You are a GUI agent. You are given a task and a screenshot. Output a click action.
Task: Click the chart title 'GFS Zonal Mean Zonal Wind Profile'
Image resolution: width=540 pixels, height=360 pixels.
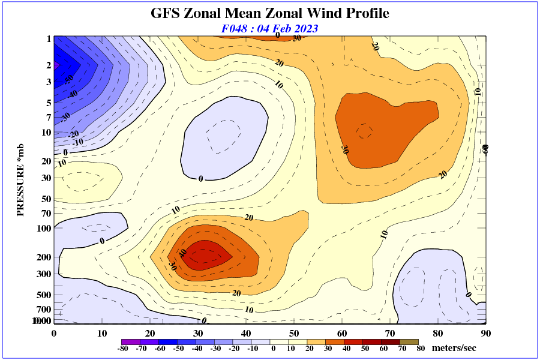tap(269, 13)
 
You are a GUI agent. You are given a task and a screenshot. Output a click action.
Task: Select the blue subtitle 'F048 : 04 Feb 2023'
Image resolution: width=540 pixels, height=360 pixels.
tap(269, 28)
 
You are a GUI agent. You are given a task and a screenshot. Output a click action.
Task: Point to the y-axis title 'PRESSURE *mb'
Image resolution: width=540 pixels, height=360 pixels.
tap(20, 181)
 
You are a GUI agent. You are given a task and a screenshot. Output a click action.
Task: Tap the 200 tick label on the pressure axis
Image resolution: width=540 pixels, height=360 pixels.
tap(44, 257)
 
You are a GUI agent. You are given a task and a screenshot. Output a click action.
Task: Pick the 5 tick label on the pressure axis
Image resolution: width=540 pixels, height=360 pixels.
tap(49, 103)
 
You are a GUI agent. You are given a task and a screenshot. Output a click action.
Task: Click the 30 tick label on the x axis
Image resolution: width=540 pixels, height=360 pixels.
tap(198, 334)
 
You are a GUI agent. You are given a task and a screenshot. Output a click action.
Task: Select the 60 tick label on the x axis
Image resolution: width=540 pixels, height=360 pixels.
tap(342, 334)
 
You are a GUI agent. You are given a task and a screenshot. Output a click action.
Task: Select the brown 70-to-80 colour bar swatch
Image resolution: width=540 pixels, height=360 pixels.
tap(410, 341)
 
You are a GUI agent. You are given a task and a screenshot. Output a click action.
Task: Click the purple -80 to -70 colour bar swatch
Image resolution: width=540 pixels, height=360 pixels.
tap(128, 341)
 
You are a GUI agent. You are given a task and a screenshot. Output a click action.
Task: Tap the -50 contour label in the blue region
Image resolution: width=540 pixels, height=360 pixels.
tap(70, 79)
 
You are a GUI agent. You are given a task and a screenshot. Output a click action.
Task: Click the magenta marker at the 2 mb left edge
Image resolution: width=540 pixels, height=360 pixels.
tap(56, 65)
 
